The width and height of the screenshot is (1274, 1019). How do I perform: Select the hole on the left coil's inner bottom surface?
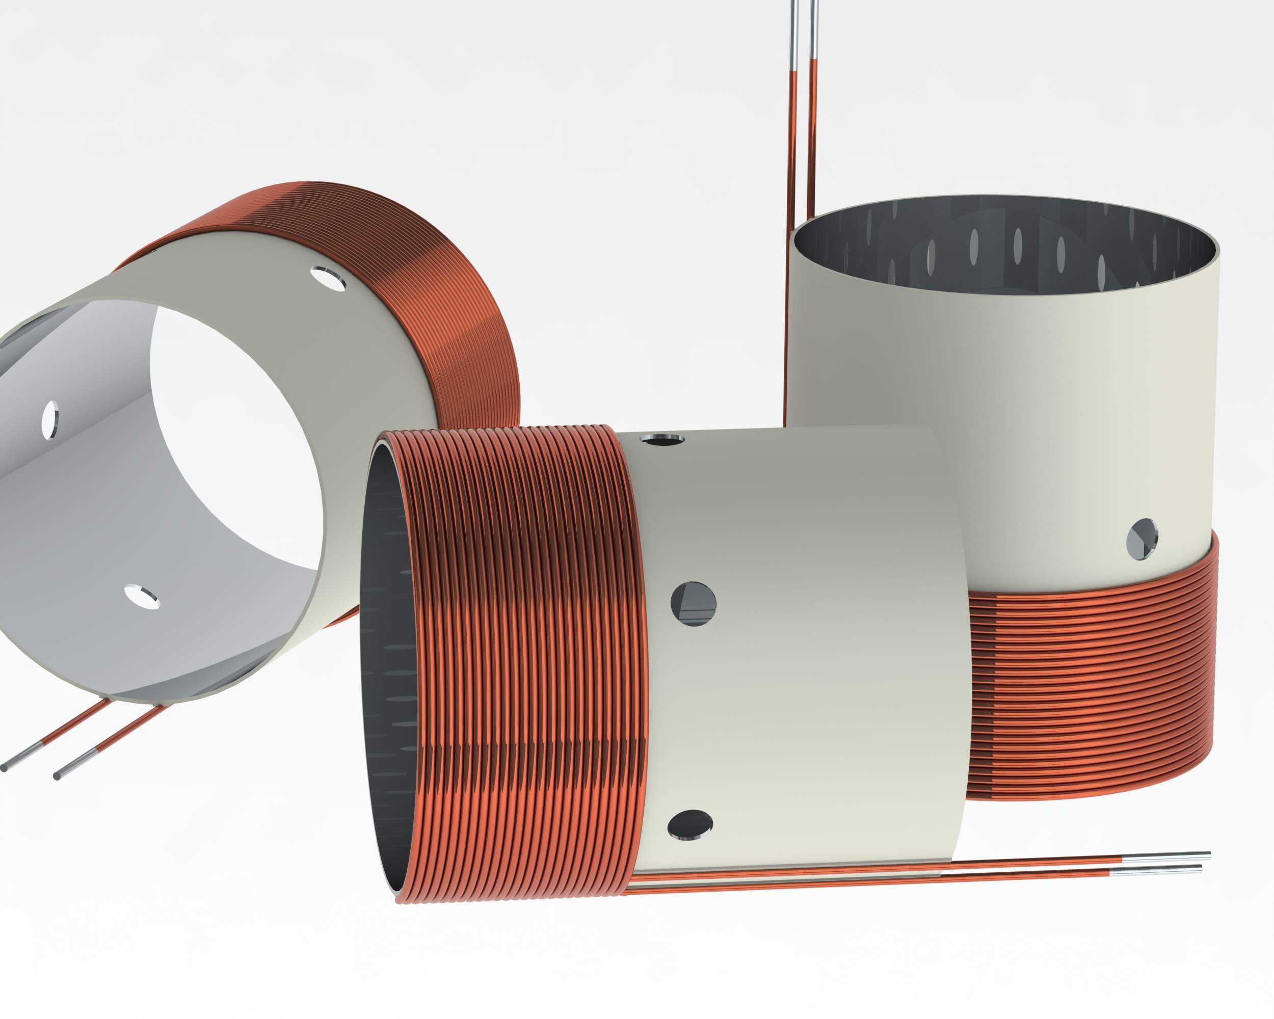pyautogui.click(x=142, y=597)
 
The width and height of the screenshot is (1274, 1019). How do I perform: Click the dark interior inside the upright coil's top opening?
pyautogui.click(x=1004, y=248)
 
